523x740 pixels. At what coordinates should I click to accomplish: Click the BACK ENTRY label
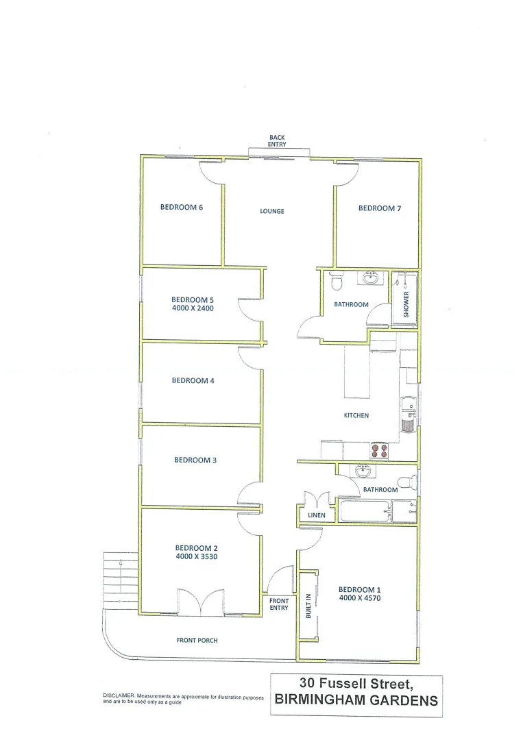coord(277,141)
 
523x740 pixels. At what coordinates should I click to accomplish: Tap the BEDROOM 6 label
coord(182,208)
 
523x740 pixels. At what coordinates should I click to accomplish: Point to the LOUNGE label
coord(272,211)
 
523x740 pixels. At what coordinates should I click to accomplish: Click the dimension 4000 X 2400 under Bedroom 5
coord(193,308)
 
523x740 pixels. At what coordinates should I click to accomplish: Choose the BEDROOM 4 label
coord(193,380)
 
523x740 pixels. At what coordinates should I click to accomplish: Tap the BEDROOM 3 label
coord(195,460)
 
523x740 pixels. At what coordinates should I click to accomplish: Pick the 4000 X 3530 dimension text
coord(197,556)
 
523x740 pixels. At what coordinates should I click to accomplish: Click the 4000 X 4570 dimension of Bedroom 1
coord(359,598)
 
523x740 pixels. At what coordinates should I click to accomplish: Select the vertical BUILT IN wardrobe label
coord(308,606)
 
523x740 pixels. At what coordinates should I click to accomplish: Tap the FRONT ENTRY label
coord(279,604)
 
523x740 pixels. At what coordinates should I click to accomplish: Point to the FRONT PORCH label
coord(197,641)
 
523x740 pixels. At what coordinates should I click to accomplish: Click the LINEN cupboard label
coord(317,515)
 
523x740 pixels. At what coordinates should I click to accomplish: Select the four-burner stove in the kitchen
coord(379,449)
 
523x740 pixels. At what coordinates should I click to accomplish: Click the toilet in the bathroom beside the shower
coord(336,282)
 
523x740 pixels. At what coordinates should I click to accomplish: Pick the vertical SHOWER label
coord(406,304)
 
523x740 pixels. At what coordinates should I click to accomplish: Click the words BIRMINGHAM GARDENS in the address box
coord(356,700)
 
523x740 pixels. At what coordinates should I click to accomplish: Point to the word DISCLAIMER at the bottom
coord(121,695)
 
